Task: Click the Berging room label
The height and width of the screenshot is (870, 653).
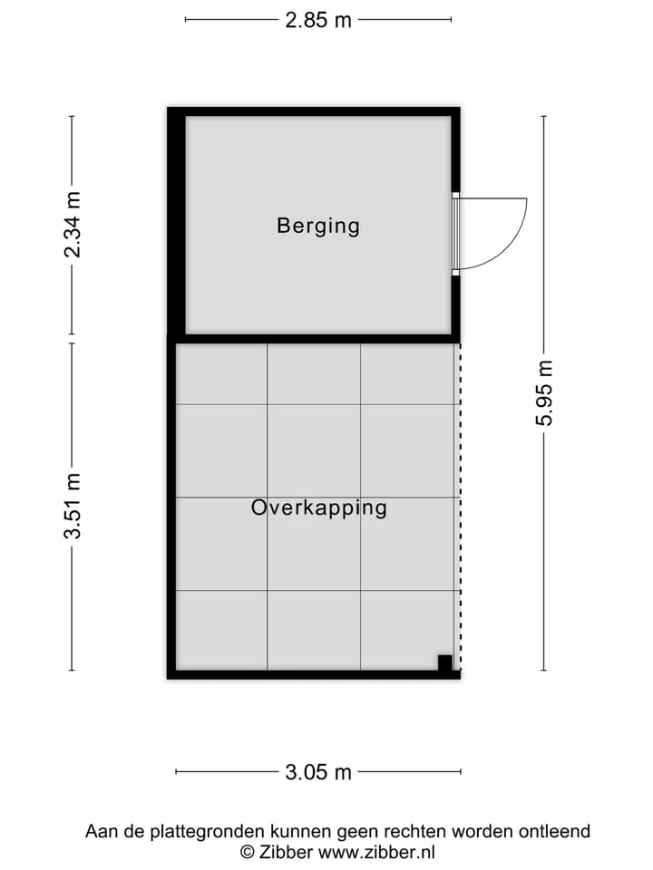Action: [318, 226]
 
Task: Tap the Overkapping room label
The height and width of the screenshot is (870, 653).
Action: [318, 507]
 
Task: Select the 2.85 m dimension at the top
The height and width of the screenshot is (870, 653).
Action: [318, 20]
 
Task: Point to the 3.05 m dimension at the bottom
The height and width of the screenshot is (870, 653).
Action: [318, 772]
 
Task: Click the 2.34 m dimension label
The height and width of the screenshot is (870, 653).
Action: [73, 225]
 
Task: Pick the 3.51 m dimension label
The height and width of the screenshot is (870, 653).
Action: [73, 507]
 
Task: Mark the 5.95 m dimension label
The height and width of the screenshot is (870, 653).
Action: [544, 392]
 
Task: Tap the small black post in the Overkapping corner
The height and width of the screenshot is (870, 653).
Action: [444, 662]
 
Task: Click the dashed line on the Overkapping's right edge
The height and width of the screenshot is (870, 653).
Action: [460, 507]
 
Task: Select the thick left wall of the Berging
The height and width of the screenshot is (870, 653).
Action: [176, 222]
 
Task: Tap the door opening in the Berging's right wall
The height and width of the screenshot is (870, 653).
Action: [456, 233]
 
